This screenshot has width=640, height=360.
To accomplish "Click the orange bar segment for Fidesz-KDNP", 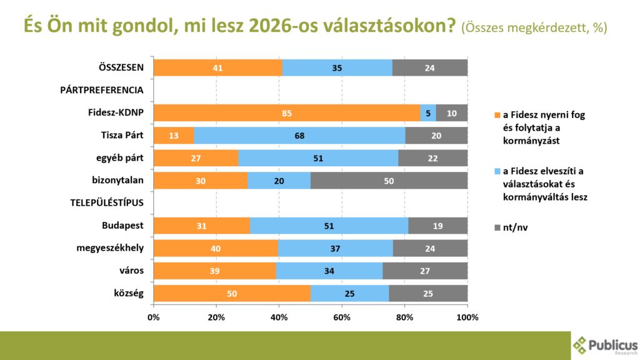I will click(x=286, y=113).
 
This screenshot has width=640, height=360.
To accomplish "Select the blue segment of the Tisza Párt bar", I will click(x=299, y=136).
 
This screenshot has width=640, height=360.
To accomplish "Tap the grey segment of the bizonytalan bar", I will click(x=389, y=181).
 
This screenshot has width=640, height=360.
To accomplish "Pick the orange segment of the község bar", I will click(x=232, y=293).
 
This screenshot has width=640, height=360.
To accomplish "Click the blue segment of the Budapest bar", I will click(x=329, y=226).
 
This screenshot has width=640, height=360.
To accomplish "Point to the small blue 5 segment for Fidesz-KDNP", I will click(x=428, y=113).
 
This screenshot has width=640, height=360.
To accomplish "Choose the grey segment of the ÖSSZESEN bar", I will click(x=429, y=67).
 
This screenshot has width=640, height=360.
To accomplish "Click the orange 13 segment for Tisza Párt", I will click(x=174, y=136).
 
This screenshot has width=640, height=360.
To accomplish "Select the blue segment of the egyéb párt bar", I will click(x=318, y=158).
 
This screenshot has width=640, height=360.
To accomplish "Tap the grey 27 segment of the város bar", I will click(x=425, y=271).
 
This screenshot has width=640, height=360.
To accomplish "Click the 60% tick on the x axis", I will click(x=341, y=317).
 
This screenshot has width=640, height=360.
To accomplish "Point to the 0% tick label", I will click(x=154, y=317).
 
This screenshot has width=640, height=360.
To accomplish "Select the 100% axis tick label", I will click(x=467, y=317).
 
